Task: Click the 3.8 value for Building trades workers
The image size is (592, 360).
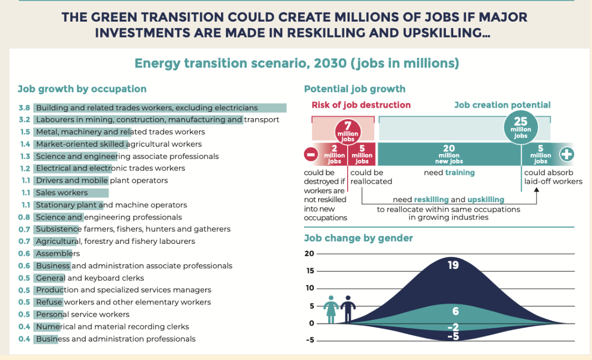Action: (24, 108)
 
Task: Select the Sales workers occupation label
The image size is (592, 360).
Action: (62, 193)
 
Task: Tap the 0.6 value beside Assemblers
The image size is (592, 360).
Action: (24, 253)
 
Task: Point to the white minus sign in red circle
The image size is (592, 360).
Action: (311, 154)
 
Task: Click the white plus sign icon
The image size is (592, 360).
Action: (567, 154)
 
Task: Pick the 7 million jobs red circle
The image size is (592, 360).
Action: (348, 131)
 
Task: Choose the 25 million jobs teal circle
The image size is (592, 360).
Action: (521, 127)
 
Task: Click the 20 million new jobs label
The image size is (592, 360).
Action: (449, 155)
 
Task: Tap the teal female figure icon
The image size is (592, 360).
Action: (331, 309)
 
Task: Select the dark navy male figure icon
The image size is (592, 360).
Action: (348, 309)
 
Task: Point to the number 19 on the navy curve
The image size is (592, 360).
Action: (453, 265)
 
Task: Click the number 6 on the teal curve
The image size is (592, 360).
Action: (455, 311)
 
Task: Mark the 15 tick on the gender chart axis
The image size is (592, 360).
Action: (310, 271)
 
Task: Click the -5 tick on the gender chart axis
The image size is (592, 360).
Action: (310, 340)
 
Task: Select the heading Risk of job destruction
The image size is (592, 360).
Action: (361, 105)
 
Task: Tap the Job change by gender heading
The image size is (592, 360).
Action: (358, 238)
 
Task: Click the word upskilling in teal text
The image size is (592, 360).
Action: (485, 200)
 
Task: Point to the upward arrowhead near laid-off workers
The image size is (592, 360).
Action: (536, 190)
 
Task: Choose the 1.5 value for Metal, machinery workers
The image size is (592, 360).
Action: (25, 132)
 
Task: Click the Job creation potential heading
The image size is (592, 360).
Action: (502, 105)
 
